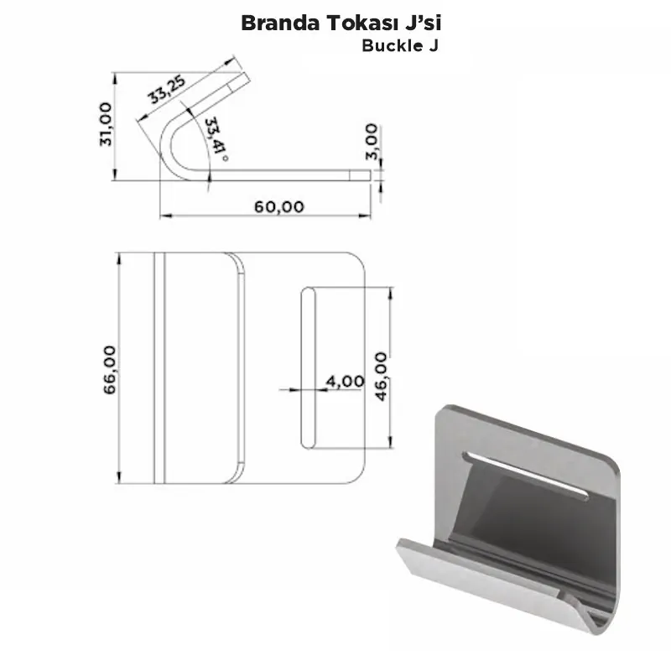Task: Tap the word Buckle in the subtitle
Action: click(392, 45)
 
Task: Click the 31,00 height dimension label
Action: click(106, 124)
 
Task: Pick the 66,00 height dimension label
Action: click(110, 368)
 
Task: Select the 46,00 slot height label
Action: click(382, 376)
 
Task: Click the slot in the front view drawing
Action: click(308, 367)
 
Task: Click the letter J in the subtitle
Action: click(433, 45)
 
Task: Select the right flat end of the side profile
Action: click(366, 174)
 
